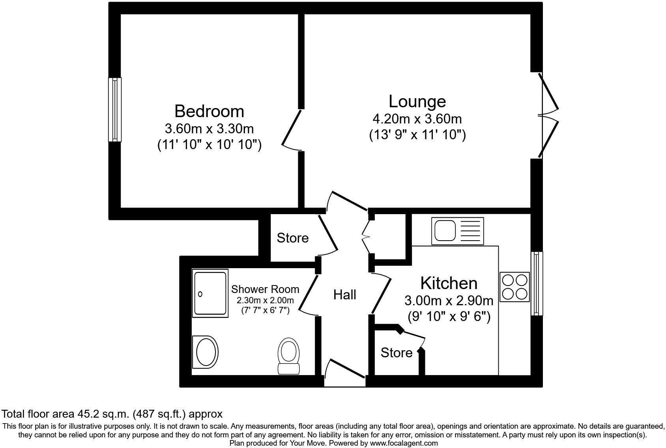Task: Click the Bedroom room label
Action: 209,111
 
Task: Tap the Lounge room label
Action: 417,101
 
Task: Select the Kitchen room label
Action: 449,283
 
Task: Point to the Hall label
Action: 344,295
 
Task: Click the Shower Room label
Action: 265,289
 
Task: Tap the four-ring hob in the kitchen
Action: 514,287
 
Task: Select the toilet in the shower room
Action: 289,355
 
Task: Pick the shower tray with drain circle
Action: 210,293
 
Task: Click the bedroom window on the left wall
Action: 115,110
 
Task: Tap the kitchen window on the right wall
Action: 536,283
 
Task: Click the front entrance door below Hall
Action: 344,373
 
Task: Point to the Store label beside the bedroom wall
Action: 292,238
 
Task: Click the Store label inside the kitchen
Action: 396,353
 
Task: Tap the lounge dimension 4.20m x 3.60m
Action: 417,119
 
